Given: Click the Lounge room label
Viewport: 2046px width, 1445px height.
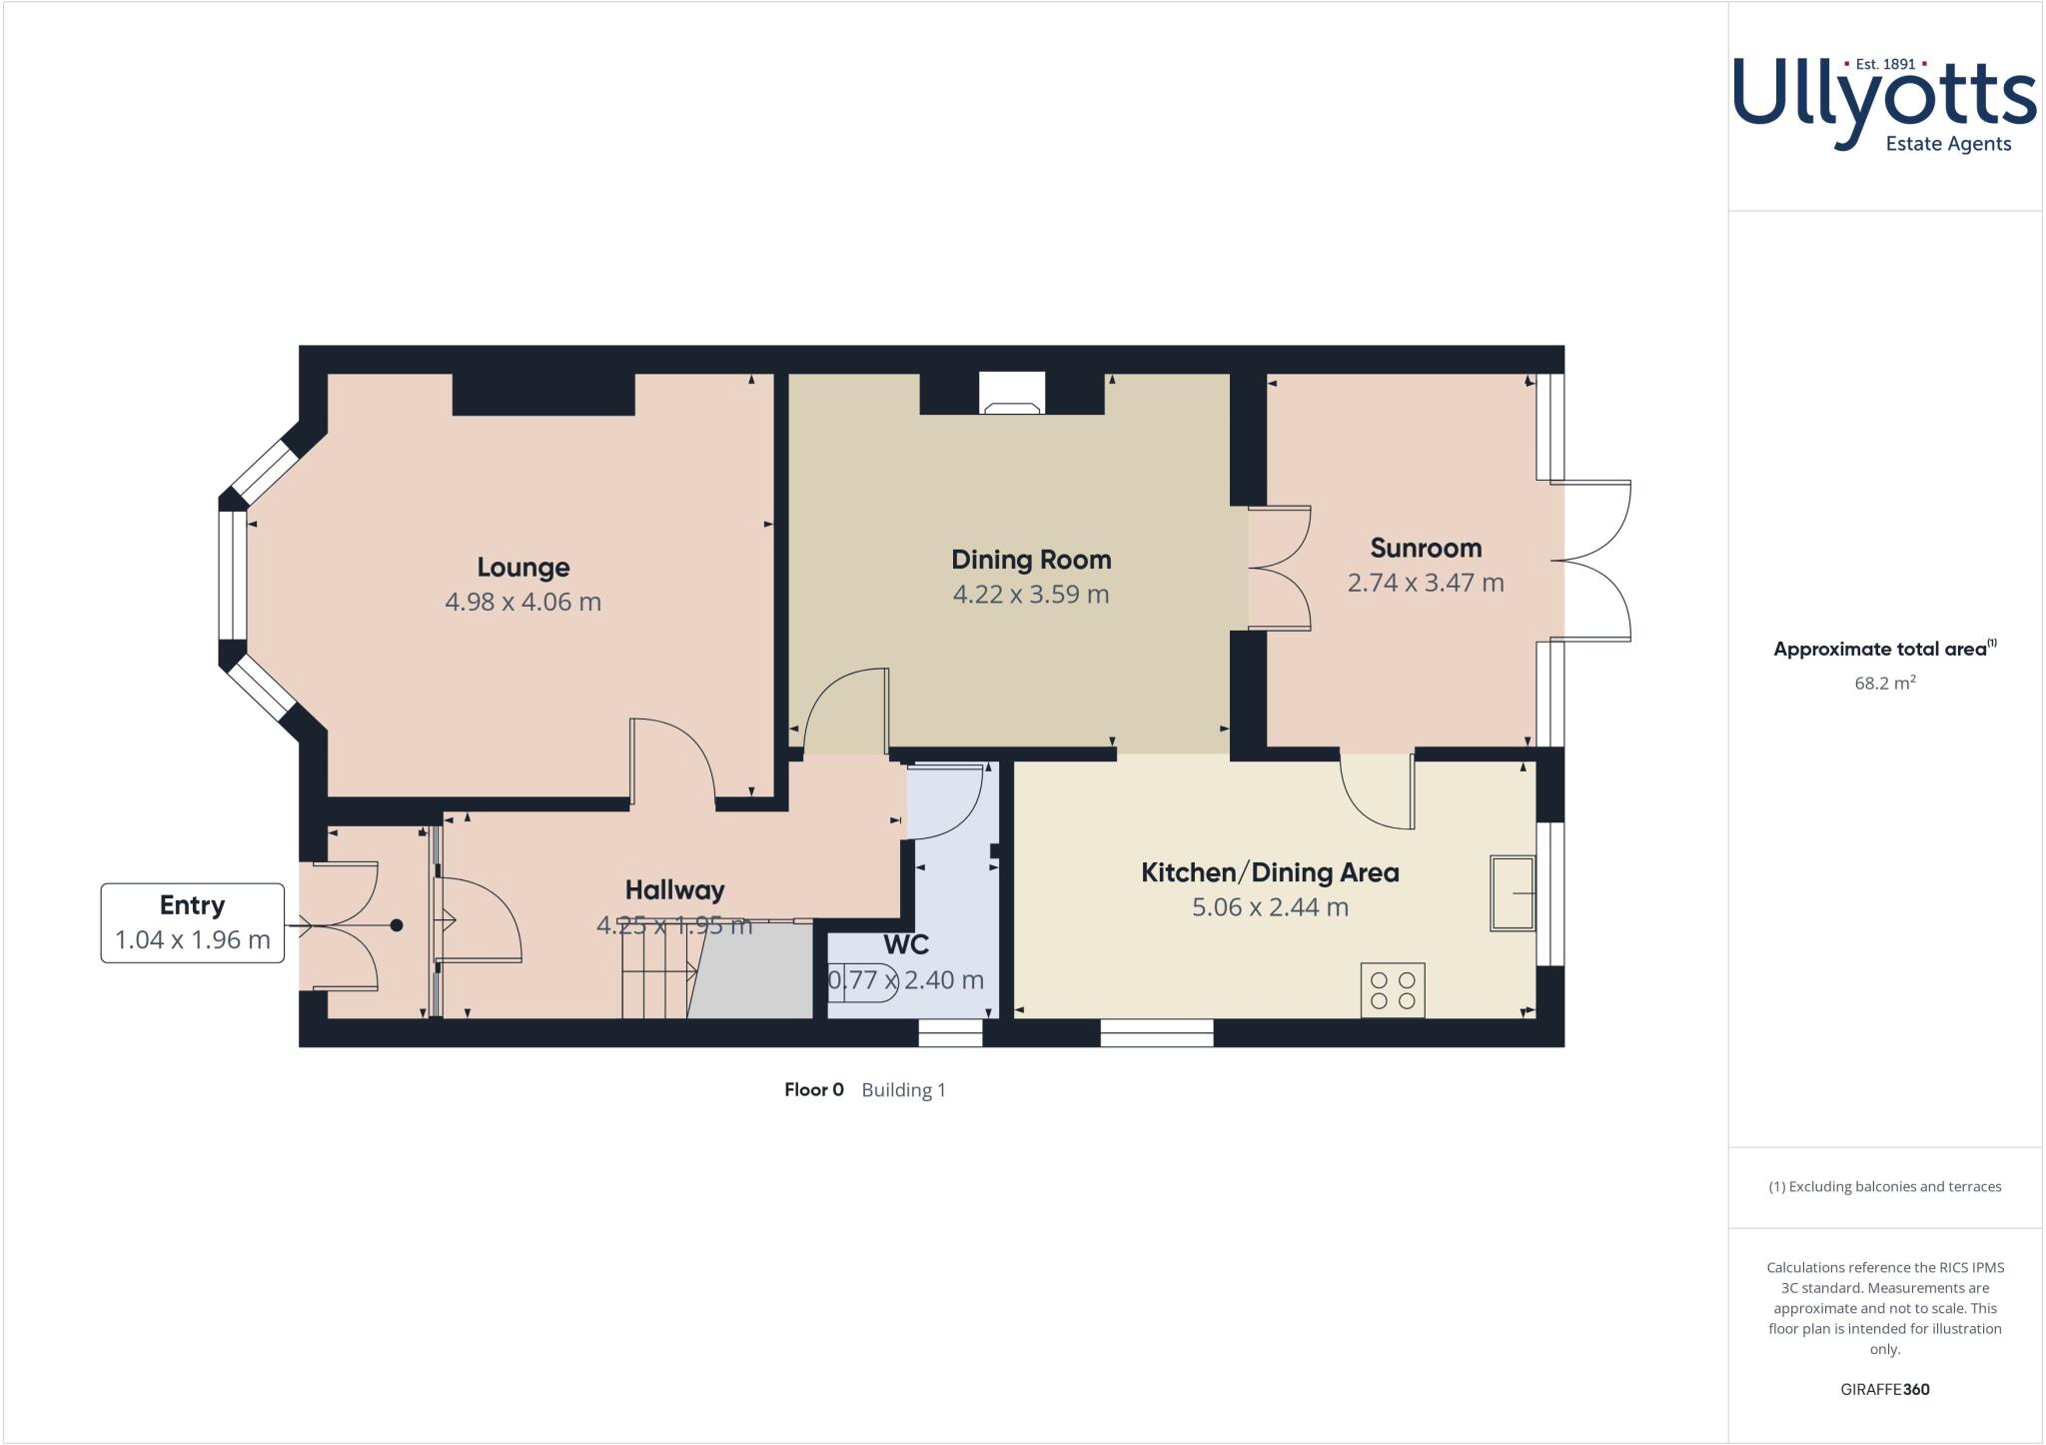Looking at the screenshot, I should coord(522,568).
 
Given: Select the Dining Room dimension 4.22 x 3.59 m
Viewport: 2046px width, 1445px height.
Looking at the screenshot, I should coord(1030,595).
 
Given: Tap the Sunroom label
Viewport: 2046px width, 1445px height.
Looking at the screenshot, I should coord(1425,549).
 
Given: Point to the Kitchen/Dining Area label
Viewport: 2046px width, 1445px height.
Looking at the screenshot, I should coord(1269,872).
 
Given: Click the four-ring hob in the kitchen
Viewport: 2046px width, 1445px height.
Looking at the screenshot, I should coord(1393,990).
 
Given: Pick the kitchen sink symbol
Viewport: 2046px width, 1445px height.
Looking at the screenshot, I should coord(1512,893).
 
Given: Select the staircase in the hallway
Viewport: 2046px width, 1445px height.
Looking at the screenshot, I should coord(657,979).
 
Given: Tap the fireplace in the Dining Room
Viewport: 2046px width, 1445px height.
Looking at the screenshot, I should coord(1011,394).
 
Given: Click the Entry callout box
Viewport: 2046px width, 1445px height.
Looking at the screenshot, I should coord(192,922).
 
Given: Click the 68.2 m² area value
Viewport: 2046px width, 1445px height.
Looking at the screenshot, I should coord(1884,685).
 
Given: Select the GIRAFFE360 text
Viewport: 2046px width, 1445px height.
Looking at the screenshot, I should coord(1884,1389).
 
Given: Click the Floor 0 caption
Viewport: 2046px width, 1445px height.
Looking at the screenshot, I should coord(813,1090).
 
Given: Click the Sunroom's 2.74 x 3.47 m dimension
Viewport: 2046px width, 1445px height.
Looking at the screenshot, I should coord(1425,584).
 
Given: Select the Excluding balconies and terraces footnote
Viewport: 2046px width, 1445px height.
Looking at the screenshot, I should coord(1884,1187).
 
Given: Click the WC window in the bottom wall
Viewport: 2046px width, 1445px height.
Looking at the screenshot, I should coord(950,1033).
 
